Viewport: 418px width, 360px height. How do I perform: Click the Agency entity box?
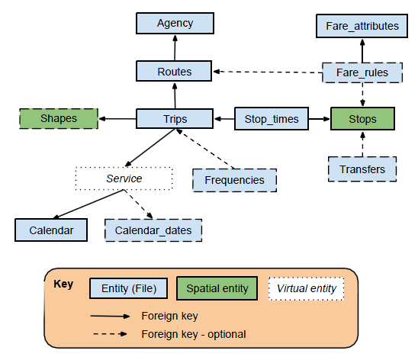[x=175, y=24]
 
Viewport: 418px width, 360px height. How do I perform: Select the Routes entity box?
[x=175, y=72]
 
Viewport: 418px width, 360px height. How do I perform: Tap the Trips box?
[x=175, y=119]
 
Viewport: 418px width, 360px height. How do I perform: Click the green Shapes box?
[x=59, y=119]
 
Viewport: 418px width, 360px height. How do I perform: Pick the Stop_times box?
[x=272, y=119]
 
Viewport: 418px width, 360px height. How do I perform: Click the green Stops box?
[x=362, y=119]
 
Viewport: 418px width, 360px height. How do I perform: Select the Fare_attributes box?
[x=362, y=26]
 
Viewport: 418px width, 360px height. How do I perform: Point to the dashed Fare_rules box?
[x=362, y=73]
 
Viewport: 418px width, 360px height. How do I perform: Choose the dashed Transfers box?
[x=362, y=169]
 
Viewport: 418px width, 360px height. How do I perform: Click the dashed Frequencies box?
[x=234, y=180]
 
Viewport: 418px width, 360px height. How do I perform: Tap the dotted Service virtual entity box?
[x=124, y=178]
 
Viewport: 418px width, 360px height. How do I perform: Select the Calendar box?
[x=52, y=230]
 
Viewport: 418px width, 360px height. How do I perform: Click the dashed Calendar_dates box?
[x=153, y=230]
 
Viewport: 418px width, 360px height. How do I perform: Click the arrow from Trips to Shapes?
[x=118, y=119]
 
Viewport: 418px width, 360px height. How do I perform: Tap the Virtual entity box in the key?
[x=306, y=288]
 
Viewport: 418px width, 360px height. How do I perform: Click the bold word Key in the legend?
[x=63, y=284]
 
